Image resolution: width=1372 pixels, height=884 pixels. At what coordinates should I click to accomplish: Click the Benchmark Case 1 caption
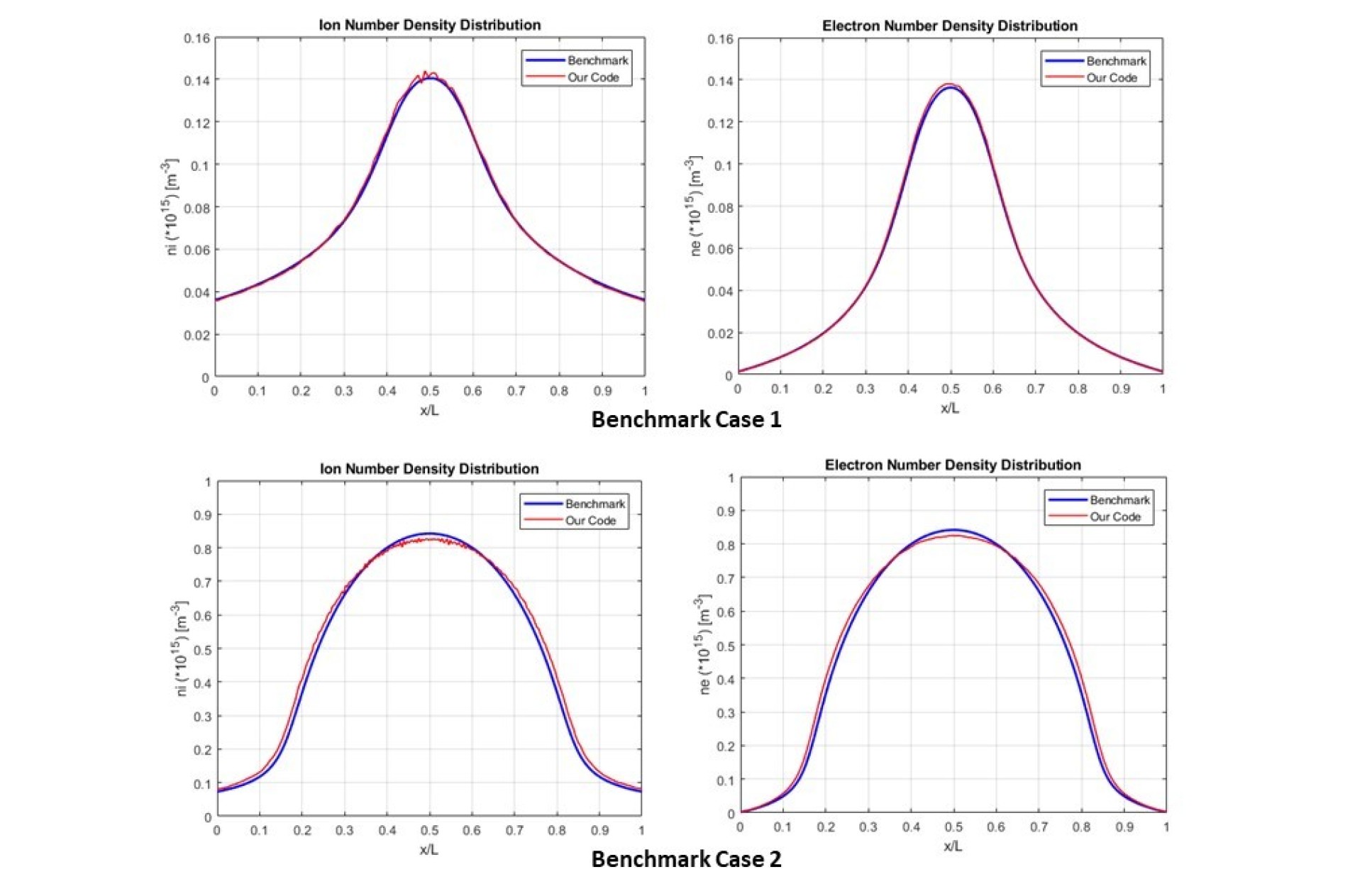[686, 419]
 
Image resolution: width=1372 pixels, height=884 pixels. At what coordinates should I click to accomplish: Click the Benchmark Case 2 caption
[686, 859]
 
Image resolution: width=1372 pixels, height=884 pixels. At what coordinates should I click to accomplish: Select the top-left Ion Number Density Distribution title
[429, 25]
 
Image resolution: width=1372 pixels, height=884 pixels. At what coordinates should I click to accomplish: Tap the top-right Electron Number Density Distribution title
[949, 26]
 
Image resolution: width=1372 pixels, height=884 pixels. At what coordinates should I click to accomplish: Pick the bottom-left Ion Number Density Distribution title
[429, 468]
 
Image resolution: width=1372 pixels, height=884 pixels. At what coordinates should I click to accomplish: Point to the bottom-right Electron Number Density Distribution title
[952, 465]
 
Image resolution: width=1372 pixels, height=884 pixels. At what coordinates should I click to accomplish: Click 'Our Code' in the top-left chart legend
[593, 77]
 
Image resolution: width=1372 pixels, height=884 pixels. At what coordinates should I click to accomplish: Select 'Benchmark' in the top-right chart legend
[1115, 61]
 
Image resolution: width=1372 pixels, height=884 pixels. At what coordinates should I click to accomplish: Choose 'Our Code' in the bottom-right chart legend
[1114, 516]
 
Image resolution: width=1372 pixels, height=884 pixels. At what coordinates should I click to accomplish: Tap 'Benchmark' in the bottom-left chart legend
[594, 504]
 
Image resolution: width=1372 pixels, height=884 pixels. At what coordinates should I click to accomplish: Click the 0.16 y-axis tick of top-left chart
[197, 38]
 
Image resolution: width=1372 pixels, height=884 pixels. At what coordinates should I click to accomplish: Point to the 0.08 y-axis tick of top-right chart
[720, 207]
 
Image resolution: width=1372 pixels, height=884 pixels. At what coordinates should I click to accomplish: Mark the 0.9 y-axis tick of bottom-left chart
[202, 515]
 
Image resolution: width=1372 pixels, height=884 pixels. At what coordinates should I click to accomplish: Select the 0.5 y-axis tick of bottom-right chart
[725, 646]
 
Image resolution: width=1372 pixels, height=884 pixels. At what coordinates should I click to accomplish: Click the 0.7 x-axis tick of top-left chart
[516, 391]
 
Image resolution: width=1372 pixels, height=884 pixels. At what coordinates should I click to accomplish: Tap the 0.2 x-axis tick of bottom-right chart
[826, 827]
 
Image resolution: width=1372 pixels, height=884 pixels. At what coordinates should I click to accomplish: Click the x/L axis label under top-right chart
[949, 408]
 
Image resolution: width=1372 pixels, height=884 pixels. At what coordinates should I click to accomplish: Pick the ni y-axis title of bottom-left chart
[180, 648]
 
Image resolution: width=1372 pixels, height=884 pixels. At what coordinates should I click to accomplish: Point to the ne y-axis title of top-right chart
[695, 206]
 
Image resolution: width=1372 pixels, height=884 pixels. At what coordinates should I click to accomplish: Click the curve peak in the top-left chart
[428, 74]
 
